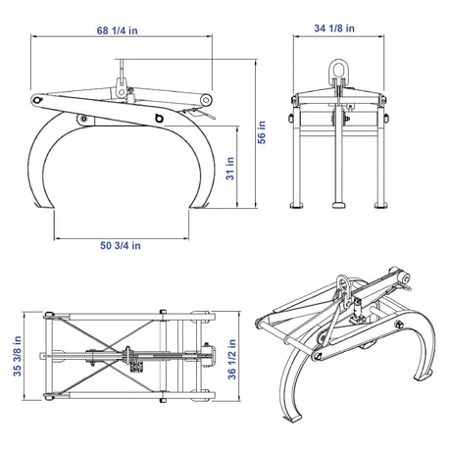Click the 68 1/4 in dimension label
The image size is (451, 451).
(117, 30)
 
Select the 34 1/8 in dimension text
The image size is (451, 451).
(334, 28)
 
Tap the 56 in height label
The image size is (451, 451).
(262, 132)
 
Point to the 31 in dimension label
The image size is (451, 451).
(230, 169)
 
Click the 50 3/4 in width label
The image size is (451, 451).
(121, 245)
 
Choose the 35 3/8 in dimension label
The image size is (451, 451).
(17, 356)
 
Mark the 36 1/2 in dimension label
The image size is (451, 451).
(231, 359)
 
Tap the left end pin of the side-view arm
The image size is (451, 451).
(37, 100)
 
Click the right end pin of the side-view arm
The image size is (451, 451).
(206, 100)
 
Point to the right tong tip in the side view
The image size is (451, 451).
(199, 205)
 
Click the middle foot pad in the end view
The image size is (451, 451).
(339, 205)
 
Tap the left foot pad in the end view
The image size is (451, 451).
(297, 205)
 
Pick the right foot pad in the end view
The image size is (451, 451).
(381, 205)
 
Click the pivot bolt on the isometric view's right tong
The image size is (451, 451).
(399, 325)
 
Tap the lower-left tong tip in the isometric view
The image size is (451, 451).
(293, 419)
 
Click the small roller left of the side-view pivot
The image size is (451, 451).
(83, 120)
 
